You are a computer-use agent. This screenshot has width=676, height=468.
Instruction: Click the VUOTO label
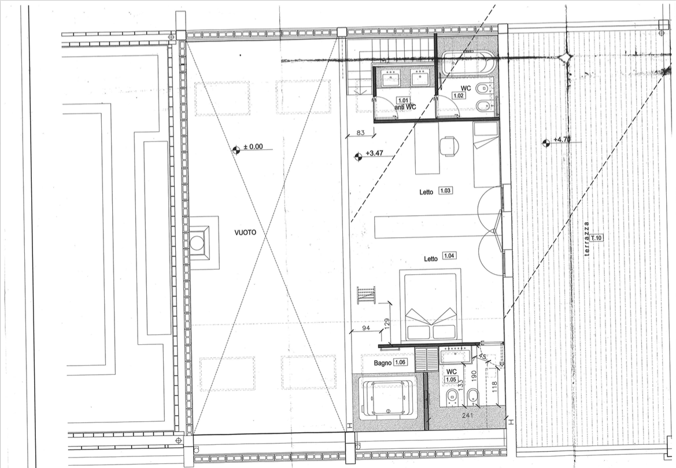coord(245,233)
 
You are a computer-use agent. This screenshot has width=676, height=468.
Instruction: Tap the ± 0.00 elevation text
coord(253,147)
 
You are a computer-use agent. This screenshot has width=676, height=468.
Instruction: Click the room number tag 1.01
coord(402,101)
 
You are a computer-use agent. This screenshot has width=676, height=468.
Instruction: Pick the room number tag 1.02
coord(459,95)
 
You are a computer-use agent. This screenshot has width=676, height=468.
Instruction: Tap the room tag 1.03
coord(446,190)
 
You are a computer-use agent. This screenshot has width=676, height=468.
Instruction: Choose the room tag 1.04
coord(449,256)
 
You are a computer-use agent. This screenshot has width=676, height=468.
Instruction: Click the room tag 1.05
coord(451,379)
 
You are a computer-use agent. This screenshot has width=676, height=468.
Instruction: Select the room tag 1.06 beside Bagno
coord(401,362)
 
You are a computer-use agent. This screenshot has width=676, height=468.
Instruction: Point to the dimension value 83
coord(360,133)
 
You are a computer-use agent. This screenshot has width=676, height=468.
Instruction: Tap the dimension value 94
coord(366,329)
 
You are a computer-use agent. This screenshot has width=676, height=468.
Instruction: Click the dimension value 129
coord(387,323)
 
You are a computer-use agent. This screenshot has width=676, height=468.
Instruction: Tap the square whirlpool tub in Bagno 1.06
coord(389,399)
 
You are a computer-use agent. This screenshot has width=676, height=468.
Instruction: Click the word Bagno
coord(382,363)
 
